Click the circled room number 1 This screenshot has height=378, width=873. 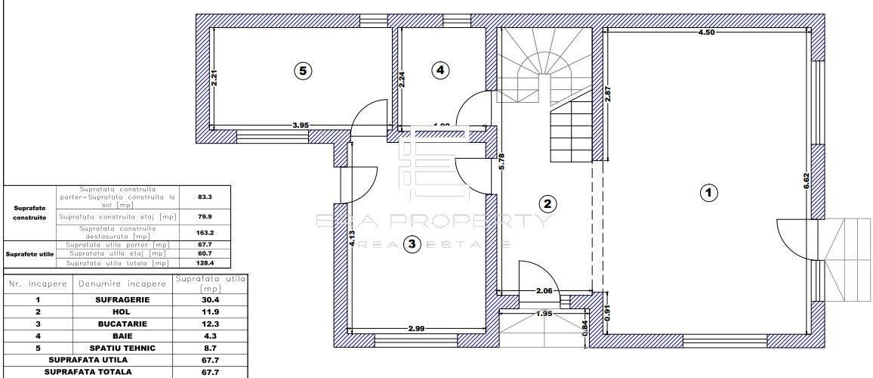point(708,193)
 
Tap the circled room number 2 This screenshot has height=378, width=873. point(548,203)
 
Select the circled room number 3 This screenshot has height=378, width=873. point(412,243)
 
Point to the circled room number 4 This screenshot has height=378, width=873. point(440,70)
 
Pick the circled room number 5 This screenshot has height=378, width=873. point(302,70)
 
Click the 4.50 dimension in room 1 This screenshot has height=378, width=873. point(705,33)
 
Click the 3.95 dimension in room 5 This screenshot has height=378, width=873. point(301,125)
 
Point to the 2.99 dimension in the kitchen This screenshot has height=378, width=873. point(418,329)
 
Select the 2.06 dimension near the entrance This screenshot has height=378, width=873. point(544,290)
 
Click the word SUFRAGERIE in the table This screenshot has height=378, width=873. point(122,299)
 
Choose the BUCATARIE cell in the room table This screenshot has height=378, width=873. point(122,324)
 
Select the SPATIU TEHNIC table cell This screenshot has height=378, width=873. point(122,348)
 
